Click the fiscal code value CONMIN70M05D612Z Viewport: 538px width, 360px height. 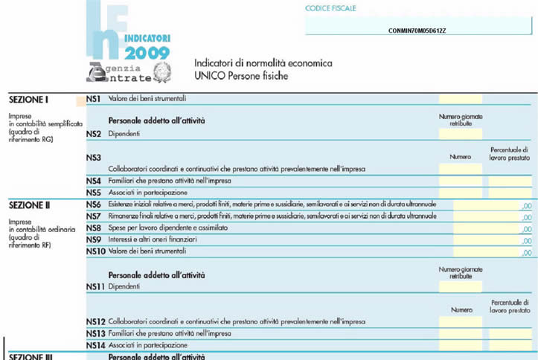click(x=417, y=30)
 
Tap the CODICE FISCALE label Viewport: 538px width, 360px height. click(x=331, y=8)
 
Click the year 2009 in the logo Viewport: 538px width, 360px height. click(x=147, y=53)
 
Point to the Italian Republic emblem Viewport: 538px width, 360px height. click(x=162, y=72)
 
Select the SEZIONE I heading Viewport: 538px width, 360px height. click(x=29, y=99)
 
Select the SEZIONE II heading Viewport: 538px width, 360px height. click(x=31, y=204)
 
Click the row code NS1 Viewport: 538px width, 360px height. click(x=93, y=99)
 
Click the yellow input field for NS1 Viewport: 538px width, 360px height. click(x=460, y=98)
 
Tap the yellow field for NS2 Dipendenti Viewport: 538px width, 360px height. click(x=460, y=134)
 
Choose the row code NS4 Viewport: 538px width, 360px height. click(x=93, y=181)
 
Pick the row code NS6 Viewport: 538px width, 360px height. click(x=93, y=205)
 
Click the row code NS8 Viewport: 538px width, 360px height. click(x=93, y=228)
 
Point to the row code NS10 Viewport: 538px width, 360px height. click(x=95, y=252)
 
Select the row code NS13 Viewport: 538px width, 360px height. click(x=95, y=334)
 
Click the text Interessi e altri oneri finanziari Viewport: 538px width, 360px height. click(x=153, y=240)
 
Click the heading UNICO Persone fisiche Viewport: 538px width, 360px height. click(x=240, y=77)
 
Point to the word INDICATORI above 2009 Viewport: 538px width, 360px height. click(x=147, y=36)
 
